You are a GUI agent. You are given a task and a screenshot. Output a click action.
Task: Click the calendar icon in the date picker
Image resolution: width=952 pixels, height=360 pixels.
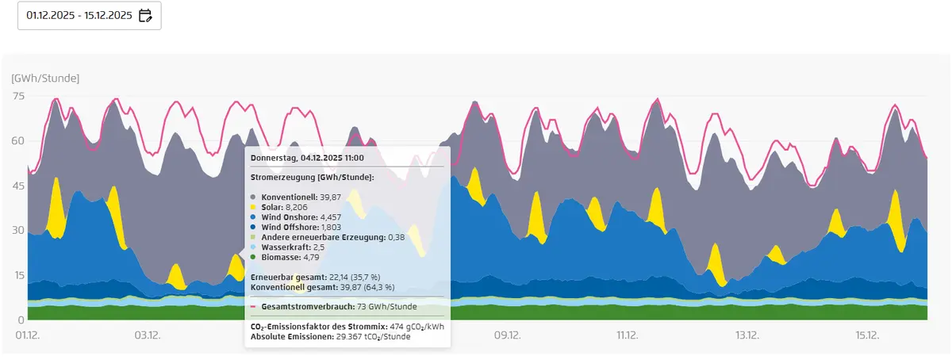coord(145,15)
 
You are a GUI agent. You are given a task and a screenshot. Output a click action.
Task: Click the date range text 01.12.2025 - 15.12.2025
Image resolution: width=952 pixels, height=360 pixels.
coord(78,15)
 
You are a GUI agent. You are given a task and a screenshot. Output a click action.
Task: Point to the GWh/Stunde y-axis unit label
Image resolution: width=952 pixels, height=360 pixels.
coord(45,78)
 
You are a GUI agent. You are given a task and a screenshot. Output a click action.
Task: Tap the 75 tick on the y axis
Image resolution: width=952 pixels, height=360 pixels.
coord(18,96)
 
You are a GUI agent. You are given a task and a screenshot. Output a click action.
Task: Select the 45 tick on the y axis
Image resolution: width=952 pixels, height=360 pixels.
coord(18,186)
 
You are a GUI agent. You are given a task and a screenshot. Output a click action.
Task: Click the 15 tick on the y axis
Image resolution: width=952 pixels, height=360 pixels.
coord(18,275)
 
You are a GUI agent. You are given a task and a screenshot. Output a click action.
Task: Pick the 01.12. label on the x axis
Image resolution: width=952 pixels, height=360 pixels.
coord(28,335)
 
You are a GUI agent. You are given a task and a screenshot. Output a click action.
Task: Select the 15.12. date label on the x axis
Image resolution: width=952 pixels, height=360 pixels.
coord(867,335)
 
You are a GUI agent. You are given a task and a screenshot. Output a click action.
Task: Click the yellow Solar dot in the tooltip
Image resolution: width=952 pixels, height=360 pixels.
coord(253,205)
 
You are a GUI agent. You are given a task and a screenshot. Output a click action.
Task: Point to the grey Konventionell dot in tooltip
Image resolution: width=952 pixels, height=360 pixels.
coord(253,196)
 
